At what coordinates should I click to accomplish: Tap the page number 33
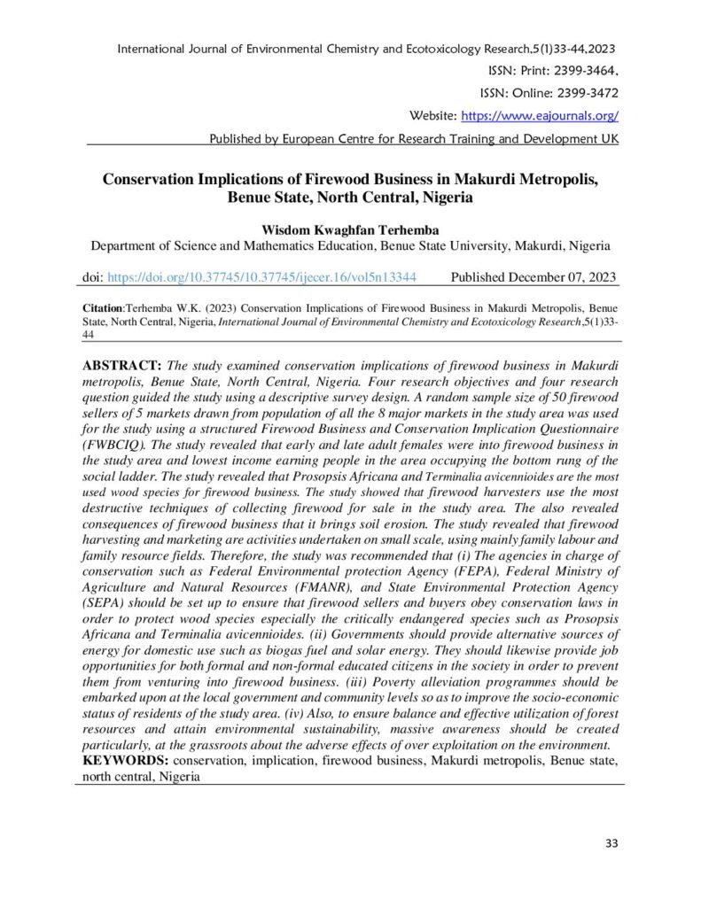pos(611,843)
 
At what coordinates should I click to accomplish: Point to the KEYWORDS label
pos(125,762)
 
